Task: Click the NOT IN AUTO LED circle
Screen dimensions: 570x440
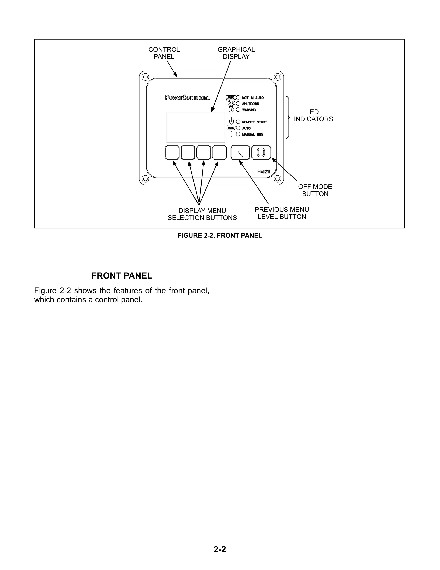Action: pyautogui.click(x=238, y=98)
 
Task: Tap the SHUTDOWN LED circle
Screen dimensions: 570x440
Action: pyautogui.click(x=238, y=104)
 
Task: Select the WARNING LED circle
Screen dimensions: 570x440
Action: pyautogui.click(x=238, y=110)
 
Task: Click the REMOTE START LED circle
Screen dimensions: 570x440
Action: pyautogui.click(x=238, y=122)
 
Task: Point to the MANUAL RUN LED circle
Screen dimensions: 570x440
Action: pyautogui.click(x=238, y=134)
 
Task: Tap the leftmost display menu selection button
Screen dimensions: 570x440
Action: pyautogui.click(x=172, y=153)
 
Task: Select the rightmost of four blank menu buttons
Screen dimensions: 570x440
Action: pyautogui.click(x=220, y=153)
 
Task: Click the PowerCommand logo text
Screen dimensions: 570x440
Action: pyautogui.click(x=188, y=98)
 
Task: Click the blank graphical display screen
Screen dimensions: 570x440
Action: pyautogui.click(x=196, y=127)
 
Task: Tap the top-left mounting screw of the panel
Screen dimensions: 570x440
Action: pyautogui.click(x=145, y=77)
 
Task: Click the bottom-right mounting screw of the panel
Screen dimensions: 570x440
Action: pyautogui.click(x=278, y=179)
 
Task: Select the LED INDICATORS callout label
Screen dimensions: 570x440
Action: pyautogui.click(x=313, y=116)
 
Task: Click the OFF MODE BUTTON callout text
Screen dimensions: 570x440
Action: pyautogui.click(x=315, y=190)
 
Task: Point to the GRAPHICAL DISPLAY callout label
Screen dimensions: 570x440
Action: pyautogui.click(x=236, y=53)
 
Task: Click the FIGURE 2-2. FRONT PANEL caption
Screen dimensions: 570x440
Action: pyautogui.click(x=220, y=235)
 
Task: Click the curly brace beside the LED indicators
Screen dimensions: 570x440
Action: pyautogui.click(x=288, y=117)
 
